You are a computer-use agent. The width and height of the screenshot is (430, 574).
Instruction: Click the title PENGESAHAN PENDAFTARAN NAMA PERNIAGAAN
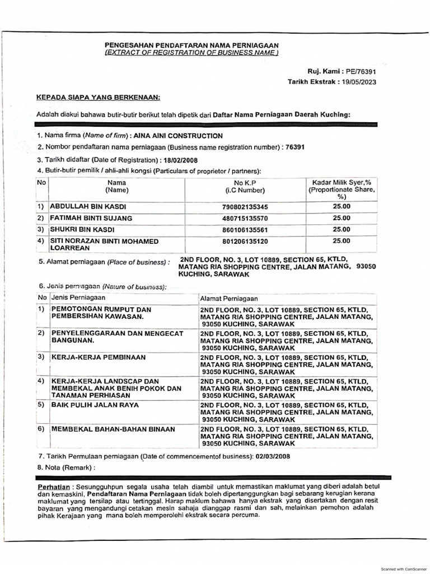[x=191, y=45]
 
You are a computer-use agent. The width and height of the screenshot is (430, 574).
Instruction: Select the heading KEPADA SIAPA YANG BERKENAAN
[x=98, y=97]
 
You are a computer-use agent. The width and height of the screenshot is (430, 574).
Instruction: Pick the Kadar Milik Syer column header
[x=341, y=183]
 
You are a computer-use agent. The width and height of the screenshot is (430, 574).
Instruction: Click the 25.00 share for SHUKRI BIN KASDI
[x=341, y=229]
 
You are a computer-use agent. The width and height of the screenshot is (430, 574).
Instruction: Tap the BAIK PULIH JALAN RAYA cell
[x=95, y=404]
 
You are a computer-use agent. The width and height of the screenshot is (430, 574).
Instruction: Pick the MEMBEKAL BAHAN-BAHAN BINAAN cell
[x=113, y=429]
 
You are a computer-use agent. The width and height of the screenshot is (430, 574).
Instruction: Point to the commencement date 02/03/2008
[x=273, y=456]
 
